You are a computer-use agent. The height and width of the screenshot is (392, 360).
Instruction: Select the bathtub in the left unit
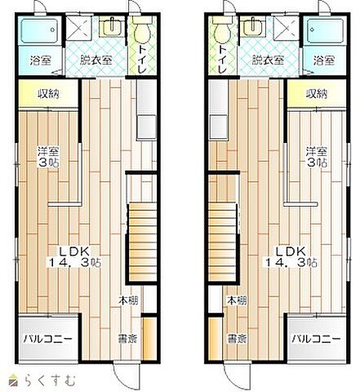click(x=39, y=30)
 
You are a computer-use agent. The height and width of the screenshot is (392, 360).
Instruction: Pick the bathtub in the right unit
click(x=325, y=30)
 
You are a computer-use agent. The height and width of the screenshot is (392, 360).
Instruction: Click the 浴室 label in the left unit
click(x=41, y=60)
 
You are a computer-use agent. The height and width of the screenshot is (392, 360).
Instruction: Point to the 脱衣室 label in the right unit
click(x=268, y=60)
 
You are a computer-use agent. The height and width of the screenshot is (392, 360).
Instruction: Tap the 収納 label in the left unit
click(x=48, y=94)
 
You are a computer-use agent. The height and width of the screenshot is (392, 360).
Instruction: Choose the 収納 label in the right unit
click(x=317, y=94)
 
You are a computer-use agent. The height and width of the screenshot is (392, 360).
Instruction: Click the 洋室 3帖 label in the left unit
click(x=49, y=157)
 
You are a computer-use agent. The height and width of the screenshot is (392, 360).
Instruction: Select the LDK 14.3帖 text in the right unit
click(x=291, y=256)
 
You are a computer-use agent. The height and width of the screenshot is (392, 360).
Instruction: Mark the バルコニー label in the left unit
click(x=47, y=339)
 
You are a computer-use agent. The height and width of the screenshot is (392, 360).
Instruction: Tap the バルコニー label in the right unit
click(x=316, y=339)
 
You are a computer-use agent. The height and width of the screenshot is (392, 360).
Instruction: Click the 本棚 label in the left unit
click(x=128, y=301)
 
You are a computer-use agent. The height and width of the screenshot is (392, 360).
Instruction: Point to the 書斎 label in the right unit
click(x=237, y=339)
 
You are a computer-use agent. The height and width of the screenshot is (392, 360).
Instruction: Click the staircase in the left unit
click(x=142, y=242)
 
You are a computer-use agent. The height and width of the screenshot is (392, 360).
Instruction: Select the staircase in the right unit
click(x=222, y=242)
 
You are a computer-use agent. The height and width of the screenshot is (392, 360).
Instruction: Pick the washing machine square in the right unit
click(x=287, y=26)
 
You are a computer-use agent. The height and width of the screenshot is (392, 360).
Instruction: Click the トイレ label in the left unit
click(x=142, y=60)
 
